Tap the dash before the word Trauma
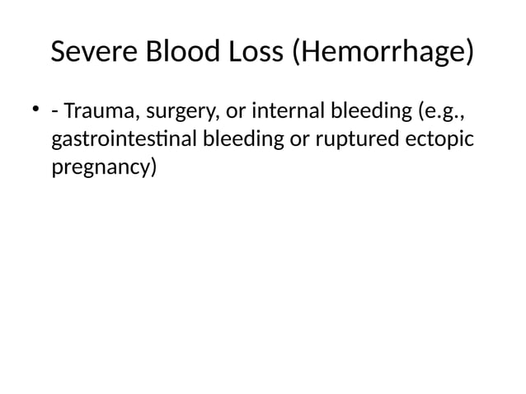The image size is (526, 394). click(x=54, y=111)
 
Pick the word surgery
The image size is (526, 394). click(x=176, y=111)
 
